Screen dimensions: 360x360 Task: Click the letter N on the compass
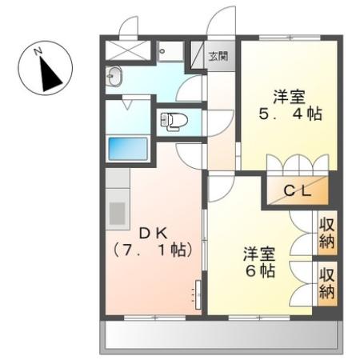pyautogui.click(x=38, y=51)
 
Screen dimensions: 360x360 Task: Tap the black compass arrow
pyautogui.click(x=50, y=74)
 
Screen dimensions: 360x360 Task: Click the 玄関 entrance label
pyautogui.click(x=218, y=56)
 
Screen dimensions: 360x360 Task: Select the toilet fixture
pyautogui.click(x=174, y=122)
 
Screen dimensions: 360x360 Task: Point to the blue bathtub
pyautogui.click(x=128, y=149)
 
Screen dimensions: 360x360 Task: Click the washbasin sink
pyautogui.click(x=114, y=76)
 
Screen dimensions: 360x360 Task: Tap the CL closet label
pyautogui.click(x=298, y=190)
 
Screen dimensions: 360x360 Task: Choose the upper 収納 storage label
pyautogui.click(x=327, y=233)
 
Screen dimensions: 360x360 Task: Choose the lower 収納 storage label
pyautogui.click(x=327, y=283)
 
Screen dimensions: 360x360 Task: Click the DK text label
pyautogui.click(x=154, y=234)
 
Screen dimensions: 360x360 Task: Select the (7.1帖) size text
pyautogui.click(x=153, y=250)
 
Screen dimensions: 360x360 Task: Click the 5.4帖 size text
pyautogui.click(x=290, y=114)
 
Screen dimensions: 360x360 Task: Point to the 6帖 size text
pyautogui.click(x=260, y=271)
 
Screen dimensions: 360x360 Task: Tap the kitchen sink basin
pyautogui.click(x=118, y=214)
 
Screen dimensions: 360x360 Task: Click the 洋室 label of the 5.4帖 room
pyautogui.click(x=289, y=97)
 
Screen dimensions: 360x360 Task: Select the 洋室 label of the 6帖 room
pyautogui.click(x=259, y=254)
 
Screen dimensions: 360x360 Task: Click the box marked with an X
pyautogui.click(x=128, y=50)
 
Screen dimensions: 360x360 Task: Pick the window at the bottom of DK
pyautogui.click(x=154, y=318)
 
